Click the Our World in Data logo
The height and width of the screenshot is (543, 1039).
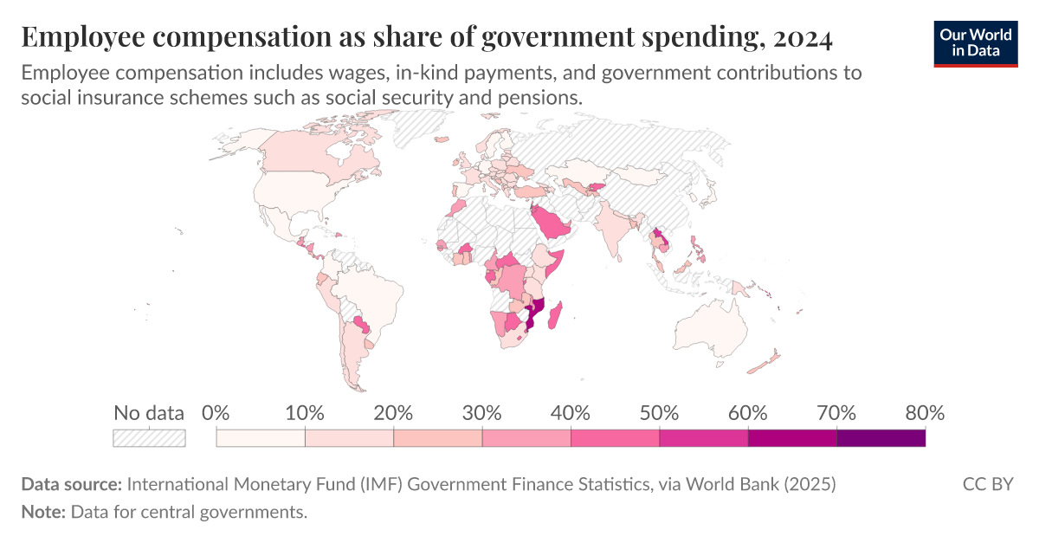(x=975, y=42)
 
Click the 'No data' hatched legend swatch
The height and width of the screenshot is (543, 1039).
(x=149, y=438)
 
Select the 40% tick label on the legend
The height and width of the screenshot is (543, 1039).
(x=571, y=413)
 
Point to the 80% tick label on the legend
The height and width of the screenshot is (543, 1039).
(x=924, y=413)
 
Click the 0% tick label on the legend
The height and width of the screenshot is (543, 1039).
(x=216, y=413)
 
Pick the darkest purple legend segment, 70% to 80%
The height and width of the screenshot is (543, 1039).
(x=881, y=438)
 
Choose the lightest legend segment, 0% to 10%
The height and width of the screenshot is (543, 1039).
(x=261, y=438)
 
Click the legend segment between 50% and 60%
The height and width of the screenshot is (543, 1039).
(x=703, y=438)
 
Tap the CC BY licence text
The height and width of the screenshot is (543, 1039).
(x=987, y=484)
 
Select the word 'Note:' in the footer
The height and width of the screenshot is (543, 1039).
(x=43, y=512)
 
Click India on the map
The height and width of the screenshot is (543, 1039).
(x=616, y=229)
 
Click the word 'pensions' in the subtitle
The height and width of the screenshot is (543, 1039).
(x=542, y=98)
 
